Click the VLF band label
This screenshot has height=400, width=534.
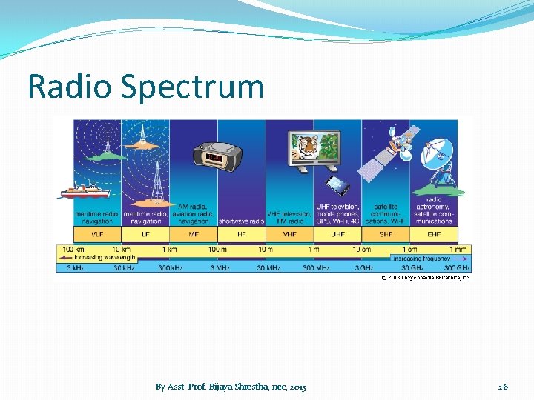96,234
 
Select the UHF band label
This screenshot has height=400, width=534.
337,234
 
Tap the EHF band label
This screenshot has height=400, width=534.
434,234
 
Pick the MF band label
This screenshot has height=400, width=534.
193,234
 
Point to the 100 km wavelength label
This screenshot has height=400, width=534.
73,250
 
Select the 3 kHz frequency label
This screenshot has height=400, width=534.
75,267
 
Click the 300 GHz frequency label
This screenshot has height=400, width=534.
457,267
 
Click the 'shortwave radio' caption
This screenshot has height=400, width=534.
241,221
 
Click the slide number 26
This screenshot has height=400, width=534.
503,387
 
